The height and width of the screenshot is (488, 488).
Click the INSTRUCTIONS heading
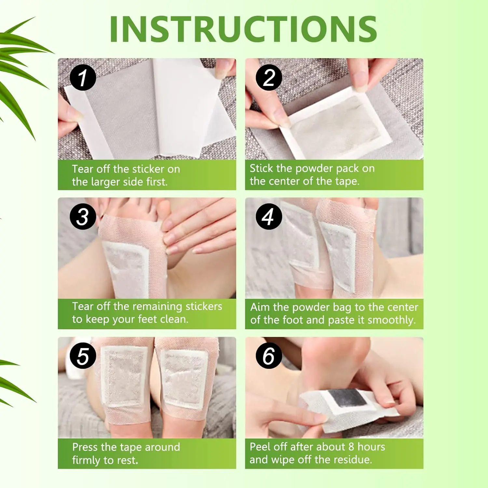pyautogui.click(x=243, y=29)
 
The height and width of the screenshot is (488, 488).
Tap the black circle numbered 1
pyautogui.click(x=83, y=78)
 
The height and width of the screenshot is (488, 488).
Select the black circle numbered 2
pyautogui.click(x=269, y=78)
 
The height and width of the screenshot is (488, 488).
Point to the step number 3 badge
pyautogui.click(x=83, y=217)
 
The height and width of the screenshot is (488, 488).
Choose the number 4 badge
pyautogui.click(x=269, y=217)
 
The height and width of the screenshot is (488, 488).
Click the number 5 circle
pyautogui.click(x=83, y=356)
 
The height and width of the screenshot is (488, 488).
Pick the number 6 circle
pyautogui.click(x=269, y=356)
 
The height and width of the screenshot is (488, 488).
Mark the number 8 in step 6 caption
pyautogui.click(x=351, y=447)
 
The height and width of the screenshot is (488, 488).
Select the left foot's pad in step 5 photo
pyautogui.click(x=124, y=376)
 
